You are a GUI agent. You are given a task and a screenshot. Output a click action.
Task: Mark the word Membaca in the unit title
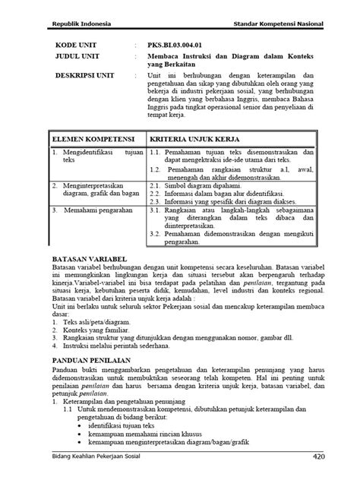pos(166,57)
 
